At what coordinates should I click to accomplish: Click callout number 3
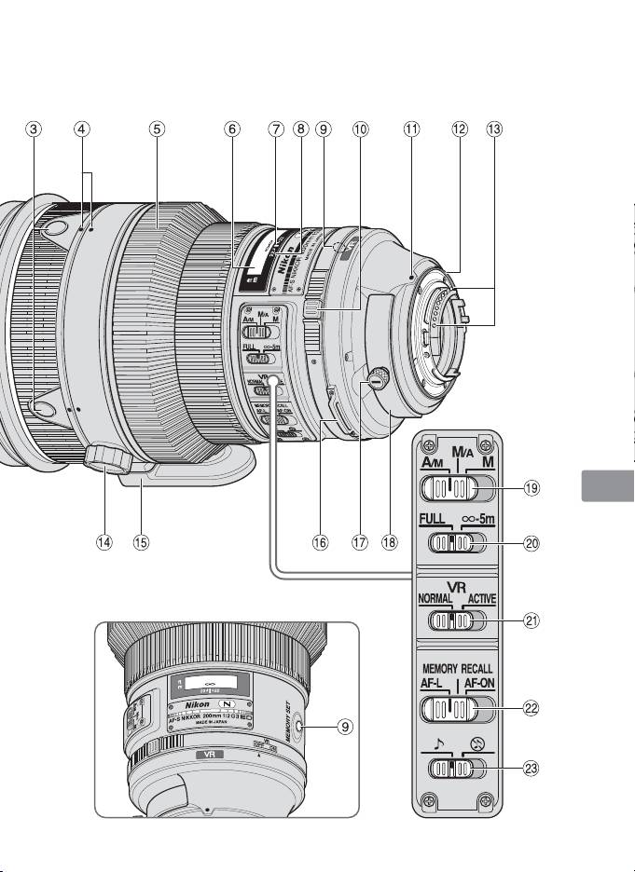click(x=34, y=129)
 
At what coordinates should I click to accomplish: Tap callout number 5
click(x=158, y=129)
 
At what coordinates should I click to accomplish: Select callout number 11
click(x=410, y=129)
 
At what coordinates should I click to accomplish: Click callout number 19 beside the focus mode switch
click(x=531, y=486)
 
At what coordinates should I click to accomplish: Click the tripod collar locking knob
click(x=104, y=456)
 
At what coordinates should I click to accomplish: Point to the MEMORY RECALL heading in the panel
click(x=456, y=668)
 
